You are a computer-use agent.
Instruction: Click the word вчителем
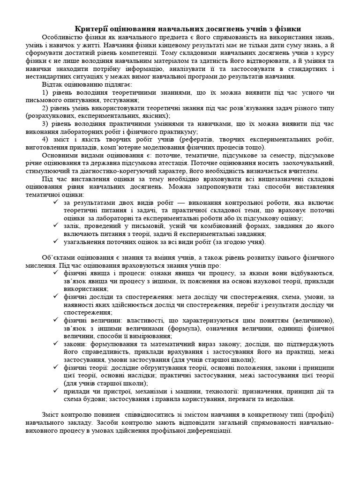[x=291, y=172]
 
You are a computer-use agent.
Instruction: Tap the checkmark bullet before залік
[x=56, y=226]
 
